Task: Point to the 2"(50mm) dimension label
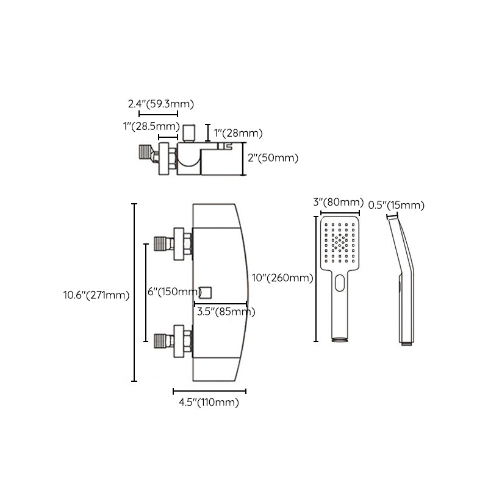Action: click(x=273, y=158)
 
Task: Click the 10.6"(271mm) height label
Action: click(x=96, y=295)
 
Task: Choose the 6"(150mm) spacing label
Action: click(x=174, y=292)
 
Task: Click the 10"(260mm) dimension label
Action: click(x=282, y=278)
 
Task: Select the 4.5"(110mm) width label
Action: click(x=208, y=402)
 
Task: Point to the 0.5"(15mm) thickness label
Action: click(x=396, y=205)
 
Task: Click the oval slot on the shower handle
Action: click(x=339, y=282)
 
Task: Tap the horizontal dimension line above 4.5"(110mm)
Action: click(x=210, y=390)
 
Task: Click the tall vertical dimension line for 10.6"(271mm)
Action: click(x=135, y=292)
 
